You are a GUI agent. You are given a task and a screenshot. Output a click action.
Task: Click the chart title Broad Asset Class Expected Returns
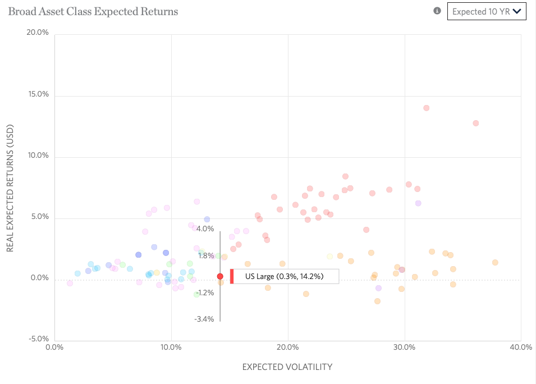(x=93, y=11)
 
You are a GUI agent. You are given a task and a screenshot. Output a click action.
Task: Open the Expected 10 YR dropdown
(x=486, y=11)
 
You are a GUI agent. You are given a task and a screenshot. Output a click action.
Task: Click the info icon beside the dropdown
(x=437, y=11)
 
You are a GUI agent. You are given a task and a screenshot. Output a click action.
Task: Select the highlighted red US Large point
(x=220, y=276)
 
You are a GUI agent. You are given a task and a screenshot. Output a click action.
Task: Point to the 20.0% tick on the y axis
(x=38, y=33)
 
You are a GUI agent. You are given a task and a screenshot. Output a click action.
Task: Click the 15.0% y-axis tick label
(x=38, y=94)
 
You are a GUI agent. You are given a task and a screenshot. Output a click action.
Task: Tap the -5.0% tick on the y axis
(x=38, y=339)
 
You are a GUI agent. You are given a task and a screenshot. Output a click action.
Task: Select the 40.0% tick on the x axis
(x=520, y=347)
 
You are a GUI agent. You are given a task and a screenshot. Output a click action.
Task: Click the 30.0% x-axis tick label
(x=404, y=347)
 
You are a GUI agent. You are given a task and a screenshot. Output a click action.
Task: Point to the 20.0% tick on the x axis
(x=287, y=347)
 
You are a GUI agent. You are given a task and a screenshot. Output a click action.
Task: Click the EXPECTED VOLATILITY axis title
(x=287, y=367)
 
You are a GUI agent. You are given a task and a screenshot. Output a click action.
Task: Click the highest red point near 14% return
(x=426, y=108)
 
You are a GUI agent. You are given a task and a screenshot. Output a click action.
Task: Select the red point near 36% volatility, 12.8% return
(x=475, y=123)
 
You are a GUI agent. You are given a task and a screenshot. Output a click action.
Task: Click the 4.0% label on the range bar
(x=205, y=228)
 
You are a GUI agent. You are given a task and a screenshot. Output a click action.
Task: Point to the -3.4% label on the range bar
(x=204, y=319)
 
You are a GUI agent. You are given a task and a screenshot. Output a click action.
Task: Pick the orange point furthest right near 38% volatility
(x=495, y=262)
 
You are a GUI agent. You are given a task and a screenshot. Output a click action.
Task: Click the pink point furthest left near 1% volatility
(x=70, y=283)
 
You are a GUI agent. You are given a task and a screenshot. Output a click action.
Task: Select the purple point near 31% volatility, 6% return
(x=418, y=203)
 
